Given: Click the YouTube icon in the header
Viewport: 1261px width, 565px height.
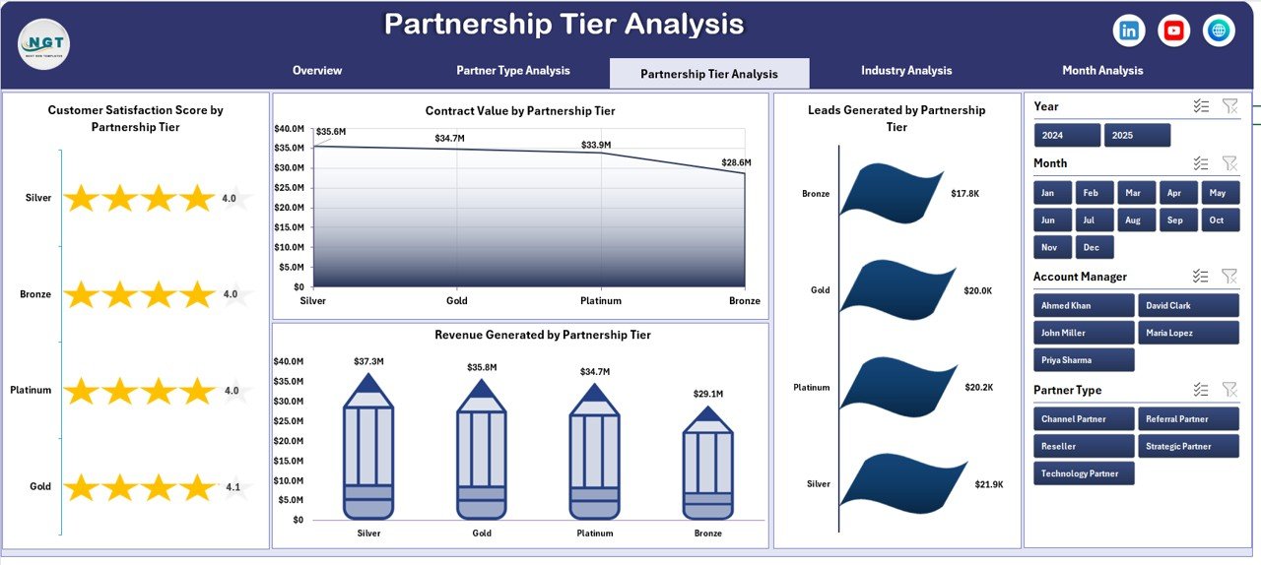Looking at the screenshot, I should click(x=1173, y=31).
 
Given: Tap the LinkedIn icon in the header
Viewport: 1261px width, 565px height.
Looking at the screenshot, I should click(x=1129, y=31).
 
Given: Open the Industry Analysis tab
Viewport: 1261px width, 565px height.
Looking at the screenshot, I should click(x=906, y=71).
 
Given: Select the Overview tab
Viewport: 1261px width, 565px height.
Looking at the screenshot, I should click(x=317, y=71).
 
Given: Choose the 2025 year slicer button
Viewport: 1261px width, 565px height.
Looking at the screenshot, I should click(x=1137, y=135).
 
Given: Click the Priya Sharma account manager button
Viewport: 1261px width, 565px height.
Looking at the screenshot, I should click(x=1084, y=360).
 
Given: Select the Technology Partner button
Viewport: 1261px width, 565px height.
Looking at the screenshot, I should click(x=1084, y=473).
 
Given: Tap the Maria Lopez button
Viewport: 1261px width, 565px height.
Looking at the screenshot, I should click(x=1187, y=333).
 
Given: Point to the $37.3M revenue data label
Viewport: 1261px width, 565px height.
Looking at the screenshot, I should click(x=368, y=362).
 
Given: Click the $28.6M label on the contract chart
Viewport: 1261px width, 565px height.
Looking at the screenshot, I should click(x=736, y=162).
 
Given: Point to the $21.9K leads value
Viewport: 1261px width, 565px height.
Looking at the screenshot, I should click(x=989, y=484).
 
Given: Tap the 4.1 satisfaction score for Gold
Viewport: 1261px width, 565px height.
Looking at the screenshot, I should click(x=232, y=486).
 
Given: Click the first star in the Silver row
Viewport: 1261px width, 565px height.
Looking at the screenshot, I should click(x=82, y=199).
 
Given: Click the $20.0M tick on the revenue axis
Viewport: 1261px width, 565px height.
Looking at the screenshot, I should click(x=289, y=440).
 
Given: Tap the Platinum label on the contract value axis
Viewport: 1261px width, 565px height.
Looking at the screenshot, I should click(x=601, y=300).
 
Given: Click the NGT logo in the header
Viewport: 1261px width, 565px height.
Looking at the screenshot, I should click(x=43, y=44).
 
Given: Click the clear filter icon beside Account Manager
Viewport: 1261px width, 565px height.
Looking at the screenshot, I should click(x=1228, y=277).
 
